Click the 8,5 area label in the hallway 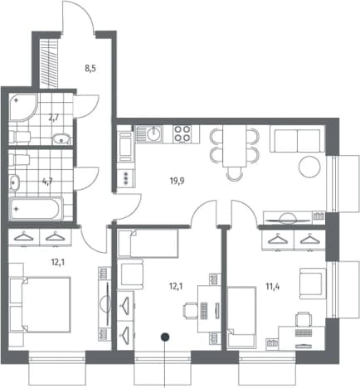point(90,69)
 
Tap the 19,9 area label point(177,181)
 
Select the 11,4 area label point(273,287)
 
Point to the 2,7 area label point(54,119)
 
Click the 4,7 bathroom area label point(47,182)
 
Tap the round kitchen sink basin point(154,134)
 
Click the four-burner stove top point(182,133)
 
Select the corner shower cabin point(22,107)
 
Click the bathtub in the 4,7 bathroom point(36,209)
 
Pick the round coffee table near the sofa point(309,167)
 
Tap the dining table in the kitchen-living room point(234,146)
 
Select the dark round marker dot point(165,337)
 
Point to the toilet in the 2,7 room point(19,136)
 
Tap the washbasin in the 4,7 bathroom point(14,182)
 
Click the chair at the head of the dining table point(234,174)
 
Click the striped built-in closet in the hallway point(49,64)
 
